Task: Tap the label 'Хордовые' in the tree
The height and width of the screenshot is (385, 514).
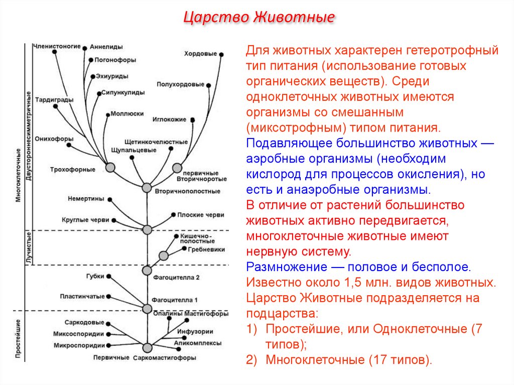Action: pos(200,53)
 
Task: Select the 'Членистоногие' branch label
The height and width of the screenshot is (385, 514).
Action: pos(57,46)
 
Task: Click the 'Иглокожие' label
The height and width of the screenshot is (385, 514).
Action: pos(169,119)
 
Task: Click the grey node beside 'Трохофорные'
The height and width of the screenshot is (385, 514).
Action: pos(110,167)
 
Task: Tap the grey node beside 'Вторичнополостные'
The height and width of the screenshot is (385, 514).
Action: pos(147,187)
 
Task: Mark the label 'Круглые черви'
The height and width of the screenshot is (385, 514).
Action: pos(85,220)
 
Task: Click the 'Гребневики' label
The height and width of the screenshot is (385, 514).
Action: pos(206,249)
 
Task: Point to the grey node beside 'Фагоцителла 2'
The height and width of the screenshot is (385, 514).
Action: pos(147,270)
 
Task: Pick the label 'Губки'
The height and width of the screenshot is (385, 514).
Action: pos(95,276)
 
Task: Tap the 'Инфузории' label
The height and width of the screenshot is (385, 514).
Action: pos(195,331)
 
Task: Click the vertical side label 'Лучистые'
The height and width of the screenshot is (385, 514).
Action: pos(29,247)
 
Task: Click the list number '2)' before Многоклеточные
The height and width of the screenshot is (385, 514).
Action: pos(252,359)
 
